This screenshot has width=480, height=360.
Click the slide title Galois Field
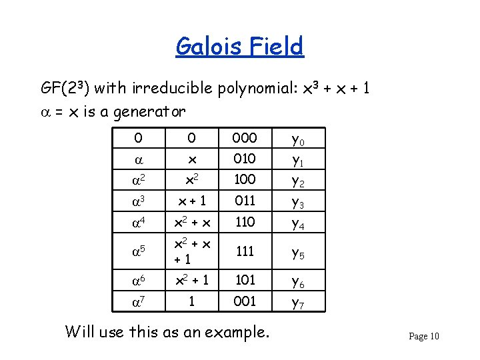click(x=239, y=47)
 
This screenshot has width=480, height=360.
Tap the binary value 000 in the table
click(x=245, y=138)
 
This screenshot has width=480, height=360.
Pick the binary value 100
click(x=245, y=179)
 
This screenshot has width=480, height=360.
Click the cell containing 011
click(x=245, y=200)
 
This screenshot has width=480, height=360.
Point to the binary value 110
click(x=245, y=221)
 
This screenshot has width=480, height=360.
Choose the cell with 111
click(x=245, y=249)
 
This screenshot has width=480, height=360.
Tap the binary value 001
click(x=245, y=301)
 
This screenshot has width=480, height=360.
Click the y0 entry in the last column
click(x=297, y=140)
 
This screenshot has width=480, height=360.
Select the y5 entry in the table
click(x=297, y=251)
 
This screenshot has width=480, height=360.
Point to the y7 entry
click(x=297, y=303)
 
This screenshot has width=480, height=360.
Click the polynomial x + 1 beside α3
click(x=192, y=201)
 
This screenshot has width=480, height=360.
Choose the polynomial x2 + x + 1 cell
click(x=192, y=249)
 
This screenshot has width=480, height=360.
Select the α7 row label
click(x=138, y=301)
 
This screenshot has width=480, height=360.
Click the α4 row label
click(x=138, y=221)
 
